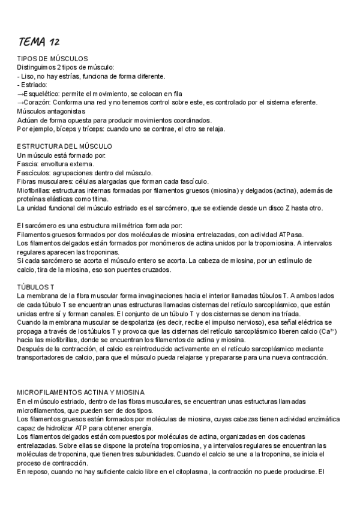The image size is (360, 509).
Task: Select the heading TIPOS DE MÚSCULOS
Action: [x=53, y=59]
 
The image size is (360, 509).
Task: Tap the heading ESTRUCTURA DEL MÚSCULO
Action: [x=65, y=146]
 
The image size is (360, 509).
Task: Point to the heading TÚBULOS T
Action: [x=36, y=286]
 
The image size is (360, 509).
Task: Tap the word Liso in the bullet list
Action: [x=28, y=76]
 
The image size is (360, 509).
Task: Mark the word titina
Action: [x=98, y=199]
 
